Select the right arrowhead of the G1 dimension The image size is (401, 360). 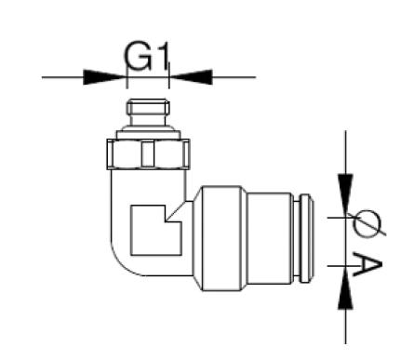(x=191, y=76)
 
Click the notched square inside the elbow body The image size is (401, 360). (x=147, y=229)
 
